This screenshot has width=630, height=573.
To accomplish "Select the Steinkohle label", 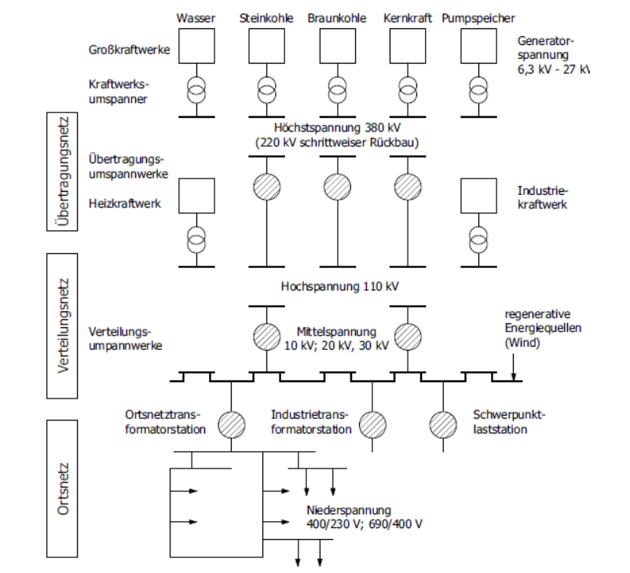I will tap(266, 17).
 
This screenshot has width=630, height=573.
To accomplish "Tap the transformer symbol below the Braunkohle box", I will tap(336, 89).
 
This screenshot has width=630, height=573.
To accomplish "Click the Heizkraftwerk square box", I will tap(196, 196).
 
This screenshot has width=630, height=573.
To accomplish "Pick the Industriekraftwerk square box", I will tap(478, 196).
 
